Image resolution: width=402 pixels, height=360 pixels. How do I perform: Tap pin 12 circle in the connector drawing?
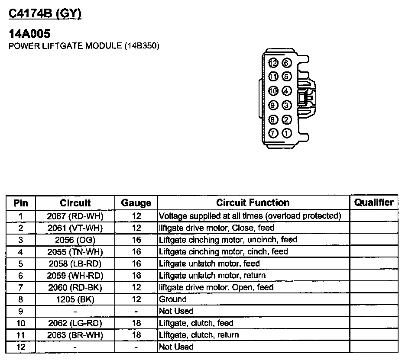pos(273,63)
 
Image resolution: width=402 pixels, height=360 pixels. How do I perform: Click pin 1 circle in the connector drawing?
pos(287,133)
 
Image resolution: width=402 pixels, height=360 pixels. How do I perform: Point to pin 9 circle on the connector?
pos(273,105)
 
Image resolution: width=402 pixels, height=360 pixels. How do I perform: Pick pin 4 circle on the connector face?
pos(287,91)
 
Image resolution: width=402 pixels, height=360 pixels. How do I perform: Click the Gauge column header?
pos(136,202)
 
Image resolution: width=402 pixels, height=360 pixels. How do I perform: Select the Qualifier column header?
pos(374,202)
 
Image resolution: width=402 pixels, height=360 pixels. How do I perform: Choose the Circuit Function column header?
pos(253,202)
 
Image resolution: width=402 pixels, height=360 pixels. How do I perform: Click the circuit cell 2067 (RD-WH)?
pos(75,215)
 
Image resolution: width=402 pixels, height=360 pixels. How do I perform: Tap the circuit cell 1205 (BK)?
pos(75,299)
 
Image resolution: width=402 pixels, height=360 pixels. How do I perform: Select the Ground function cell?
pos(173,299)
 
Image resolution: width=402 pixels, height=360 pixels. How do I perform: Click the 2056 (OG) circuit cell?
pos(75,239)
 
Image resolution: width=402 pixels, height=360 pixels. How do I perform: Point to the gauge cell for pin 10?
pos(136,323)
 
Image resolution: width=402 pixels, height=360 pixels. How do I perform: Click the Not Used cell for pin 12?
pos(176,347)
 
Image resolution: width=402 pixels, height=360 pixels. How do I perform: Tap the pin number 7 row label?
pos(20,287)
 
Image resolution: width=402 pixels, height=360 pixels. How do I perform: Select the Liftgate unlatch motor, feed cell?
pos(209,263)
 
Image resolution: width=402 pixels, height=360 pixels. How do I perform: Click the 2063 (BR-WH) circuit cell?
pos(75,334)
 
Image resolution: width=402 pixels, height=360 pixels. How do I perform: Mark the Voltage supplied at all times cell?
pos(250,215)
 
